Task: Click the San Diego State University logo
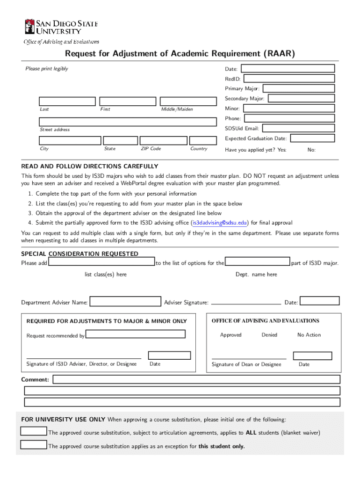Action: pos(61,27)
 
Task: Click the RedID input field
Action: pos(289,79)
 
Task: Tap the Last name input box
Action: pos(67,102)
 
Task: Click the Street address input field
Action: pos(128,122)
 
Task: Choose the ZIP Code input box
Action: pos(162,140)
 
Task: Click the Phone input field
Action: pos(289,118)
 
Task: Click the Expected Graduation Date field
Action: pos(312,138)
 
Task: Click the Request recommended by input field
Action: pos(136,334)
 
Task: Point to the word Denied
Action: pos(269,335)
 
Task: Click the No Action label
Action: pos(309,335)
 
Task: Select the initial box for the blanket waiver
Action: pos(34,431)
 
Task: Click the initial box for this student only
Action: pos(34,445)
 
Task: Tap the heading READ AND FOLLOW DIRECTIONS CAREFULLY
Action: pos(90,167)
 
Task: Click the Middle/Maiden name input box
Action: pos(188,102)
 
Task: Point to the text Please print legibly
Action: pos(47,69)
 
